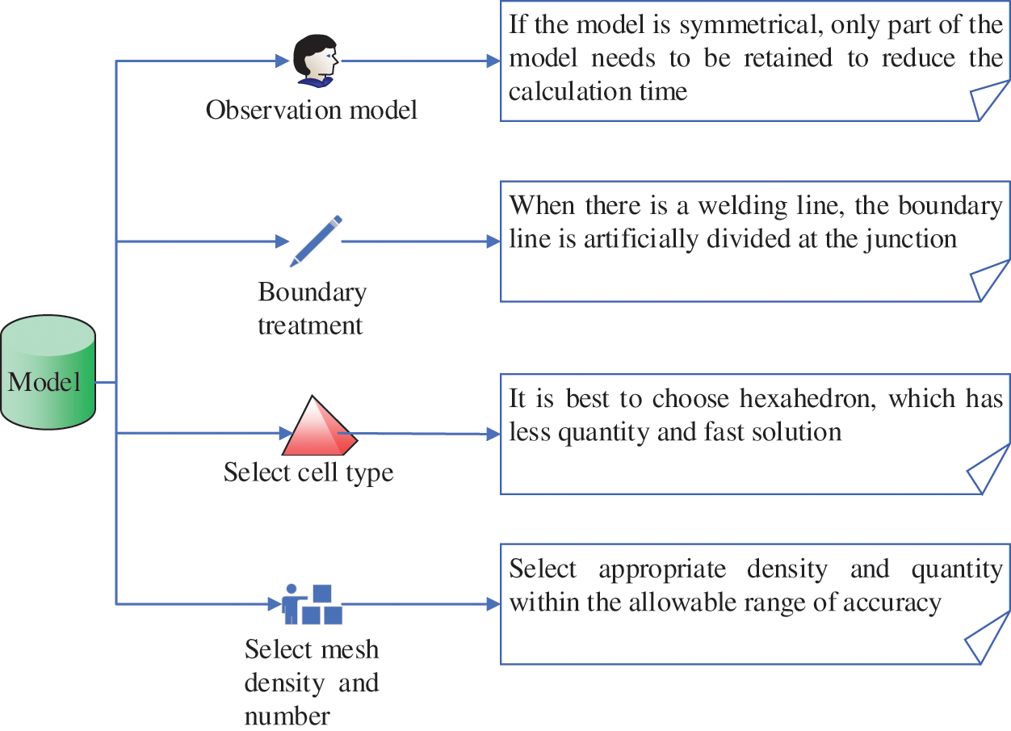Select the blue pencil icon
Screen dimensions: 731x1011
[316, 240]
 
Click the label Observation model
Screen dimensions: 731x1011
[312, 109]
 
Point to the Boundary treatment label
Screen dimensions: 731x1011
[311, 309]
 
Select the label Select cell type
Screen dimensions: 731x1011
[308, 472]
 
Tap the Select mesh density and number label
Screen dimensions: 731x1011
[311, 683]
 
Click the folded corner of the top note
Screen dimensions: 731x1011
[988, 101]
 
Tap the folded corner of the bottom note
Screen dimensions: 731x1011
[988, 644]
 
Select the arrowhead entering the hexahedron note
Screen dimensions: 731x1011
[493, 435]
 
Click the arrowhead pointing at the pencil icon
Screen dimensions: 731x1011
[282, 241]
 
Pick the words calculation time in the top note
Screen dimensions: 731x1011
[598, 91]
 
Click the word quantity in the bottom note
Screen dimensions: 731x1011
[957, 569]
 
